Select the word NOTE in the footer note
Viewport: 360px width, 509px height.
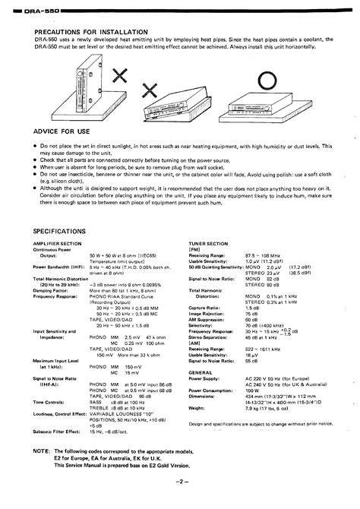click(43, 451)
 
